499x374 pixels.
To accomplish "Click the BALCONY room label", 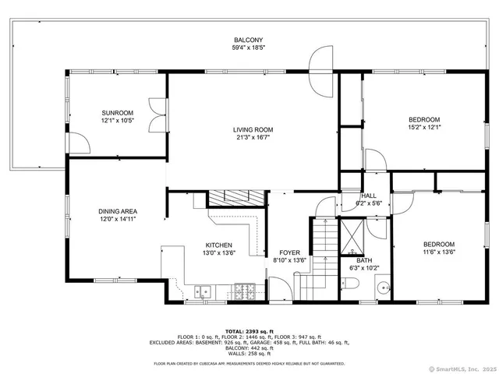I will coord(249,40).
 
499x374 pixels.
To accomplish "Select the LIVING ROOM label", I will coord(253,129).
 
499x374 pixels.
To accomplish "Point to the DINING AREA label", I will coord(118,211).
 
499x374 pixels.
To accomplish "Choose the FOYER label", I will coord(290,252).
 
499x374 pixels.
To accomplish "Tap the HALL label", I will coord(370,196).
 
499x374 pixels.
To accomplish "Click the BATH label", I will coord(365,260).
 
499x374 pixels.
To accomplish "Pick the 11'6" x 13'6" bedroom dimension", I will coord(427,252).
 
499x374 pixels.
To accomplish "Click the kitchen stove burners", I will coord(244,292).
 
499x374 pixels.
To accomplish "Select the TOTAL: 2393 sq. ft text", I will coord(249,330).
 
